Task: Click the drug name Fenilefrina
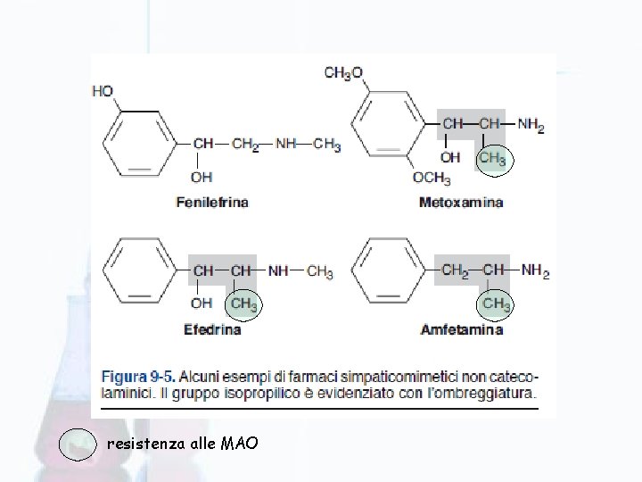pyautogui.click(x=211, y=203)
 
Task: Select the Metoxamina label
pyautogui.click(x=460, y=203)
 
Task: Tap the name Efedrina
pyautogui.click(x=211, y=329)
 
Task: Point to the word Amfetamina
pyautogui.click(x=461, y=329)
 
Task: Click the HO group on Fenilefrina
pyautogui.click(x=103, y=90)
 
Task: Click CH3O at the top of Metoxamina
pyautogui.click(x=343, y=72)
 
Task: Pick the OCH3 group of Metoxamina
pyautogui.click(x=432, y=178)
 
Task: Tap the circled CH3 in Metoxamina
pyautogui.click(x=492, y=159)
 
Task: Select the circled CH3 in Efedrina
pyautogui.click(x=243, y=303)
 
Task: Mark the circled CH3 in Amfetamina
pyautogui.click(x=497, y=303)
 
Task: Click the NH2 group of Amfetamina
pyautogui.click(x=535, y=270)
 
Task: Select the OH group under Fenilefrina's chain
pyautogui.click(x=202, y=177)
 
